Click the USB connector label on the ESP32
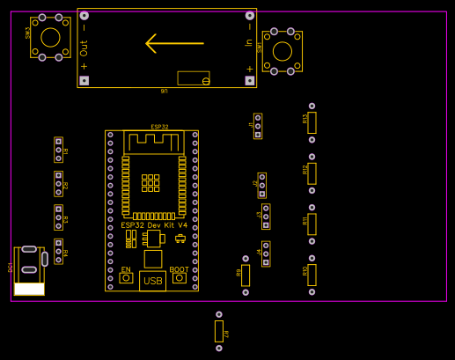(x=152, y=282)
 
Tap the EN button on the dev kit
(x=126, y=278)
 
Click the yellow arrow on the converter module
(x=174, y=43)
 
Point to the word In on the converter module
(x=249, y=41)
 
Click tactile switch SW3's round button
(x=50, y=37)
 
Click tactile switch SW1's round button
(x=283, y=51)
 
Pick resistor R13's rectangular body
(x=312, y=122)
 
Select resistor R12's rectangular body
(x=312, y=173)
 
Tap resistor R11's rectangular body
(x=312, y=224)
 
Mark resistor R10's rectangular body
(x=312, y=275)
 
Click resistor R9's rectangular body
(x=246, y=276)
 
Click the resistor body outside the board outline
(x=219, y=331)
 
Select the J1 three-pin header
(x=258, y=126)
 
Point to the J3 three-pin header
(x=266, y=217)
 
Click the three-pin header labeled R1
(x=59, y=150)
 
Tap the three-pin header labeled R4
(x=59, y=252)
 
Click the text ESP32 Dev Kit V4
(x=154, y=226)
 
